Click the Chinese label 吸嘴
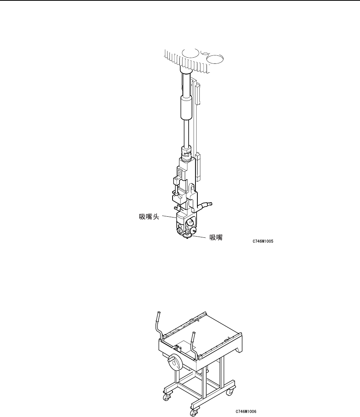pos(216,237)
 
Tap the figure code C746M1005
pos(263,242)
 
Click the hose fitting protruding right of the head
pos(208,205)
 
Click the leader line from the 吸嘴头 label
pos(169,217)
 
